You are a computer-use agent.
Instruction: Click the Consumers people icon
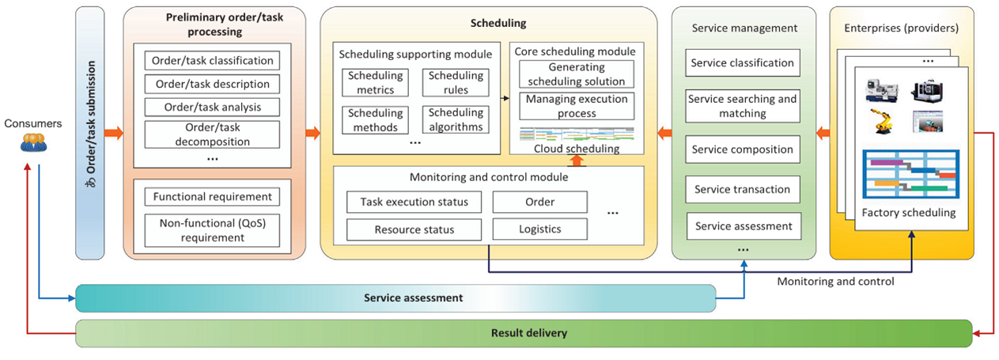pyautogui.click(x=33, y=142)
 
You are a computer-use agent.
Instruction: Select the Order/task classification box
pyautogui.click(x=212, y=60)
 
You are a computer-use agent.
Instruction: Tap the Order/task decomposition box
pyautogui.click(x=212, y=135)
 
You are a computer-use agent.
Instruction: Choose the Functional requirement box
pyautogui.click(x=212, y=197)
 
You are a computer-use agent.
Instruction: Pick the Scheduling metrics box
pyautogui.click(x=375, y=83)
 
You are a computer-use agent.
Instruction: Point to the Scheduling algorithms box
pyautogui.click(x=455, y=119)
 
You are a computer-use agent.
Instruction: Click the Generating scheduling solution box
pyautogui.click(x=576, y=74)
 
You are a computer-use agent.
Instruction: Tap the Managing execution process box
pyautogui.click(x=576, y=106)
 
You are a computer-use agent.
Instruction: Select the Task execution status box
pyautogui.click(x=414, y=202)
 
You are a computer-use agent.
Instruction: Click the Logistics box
pyautogui.click(x=539, y=229)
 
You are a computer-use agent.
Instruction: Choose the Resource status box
pyautogui.click(x=414, y=229)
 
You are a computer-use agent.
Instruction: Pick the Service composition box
pyautogui.click(x=742, y=149)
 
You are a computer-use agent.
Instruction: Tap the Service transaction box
pyautogui.click(x=742, y=189)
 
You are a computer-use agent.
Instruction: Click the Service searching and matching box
pyautogui.click(x=742, y=106)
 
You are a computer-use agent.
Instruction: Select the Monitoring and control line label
pyautogui.click(x=835, y=281)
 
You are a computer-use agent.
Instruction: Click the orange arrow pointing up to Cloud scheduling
pyautogui.click(x=577, y=160)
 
